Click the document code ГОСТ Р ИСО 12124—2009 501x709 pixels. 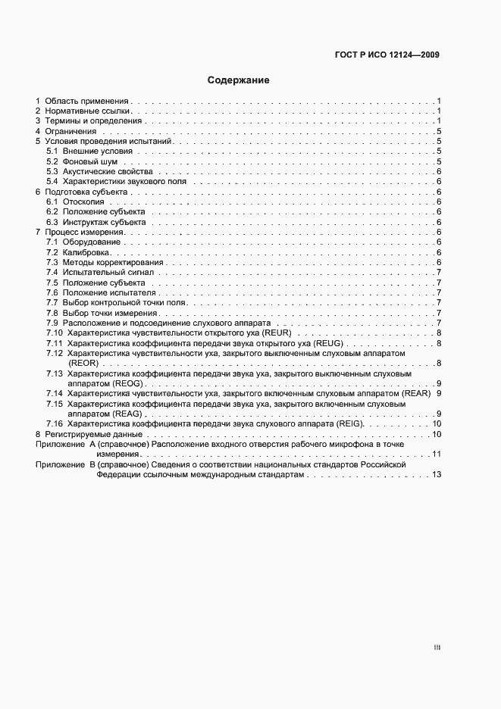click(387, 55)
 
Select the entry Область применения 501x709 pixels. click(87, 101)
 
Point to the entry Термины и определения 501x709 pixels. click(93, 121)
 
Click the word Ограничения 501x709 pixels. click(71, 132)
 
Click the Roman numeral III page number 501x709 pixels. click(437, 648)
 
